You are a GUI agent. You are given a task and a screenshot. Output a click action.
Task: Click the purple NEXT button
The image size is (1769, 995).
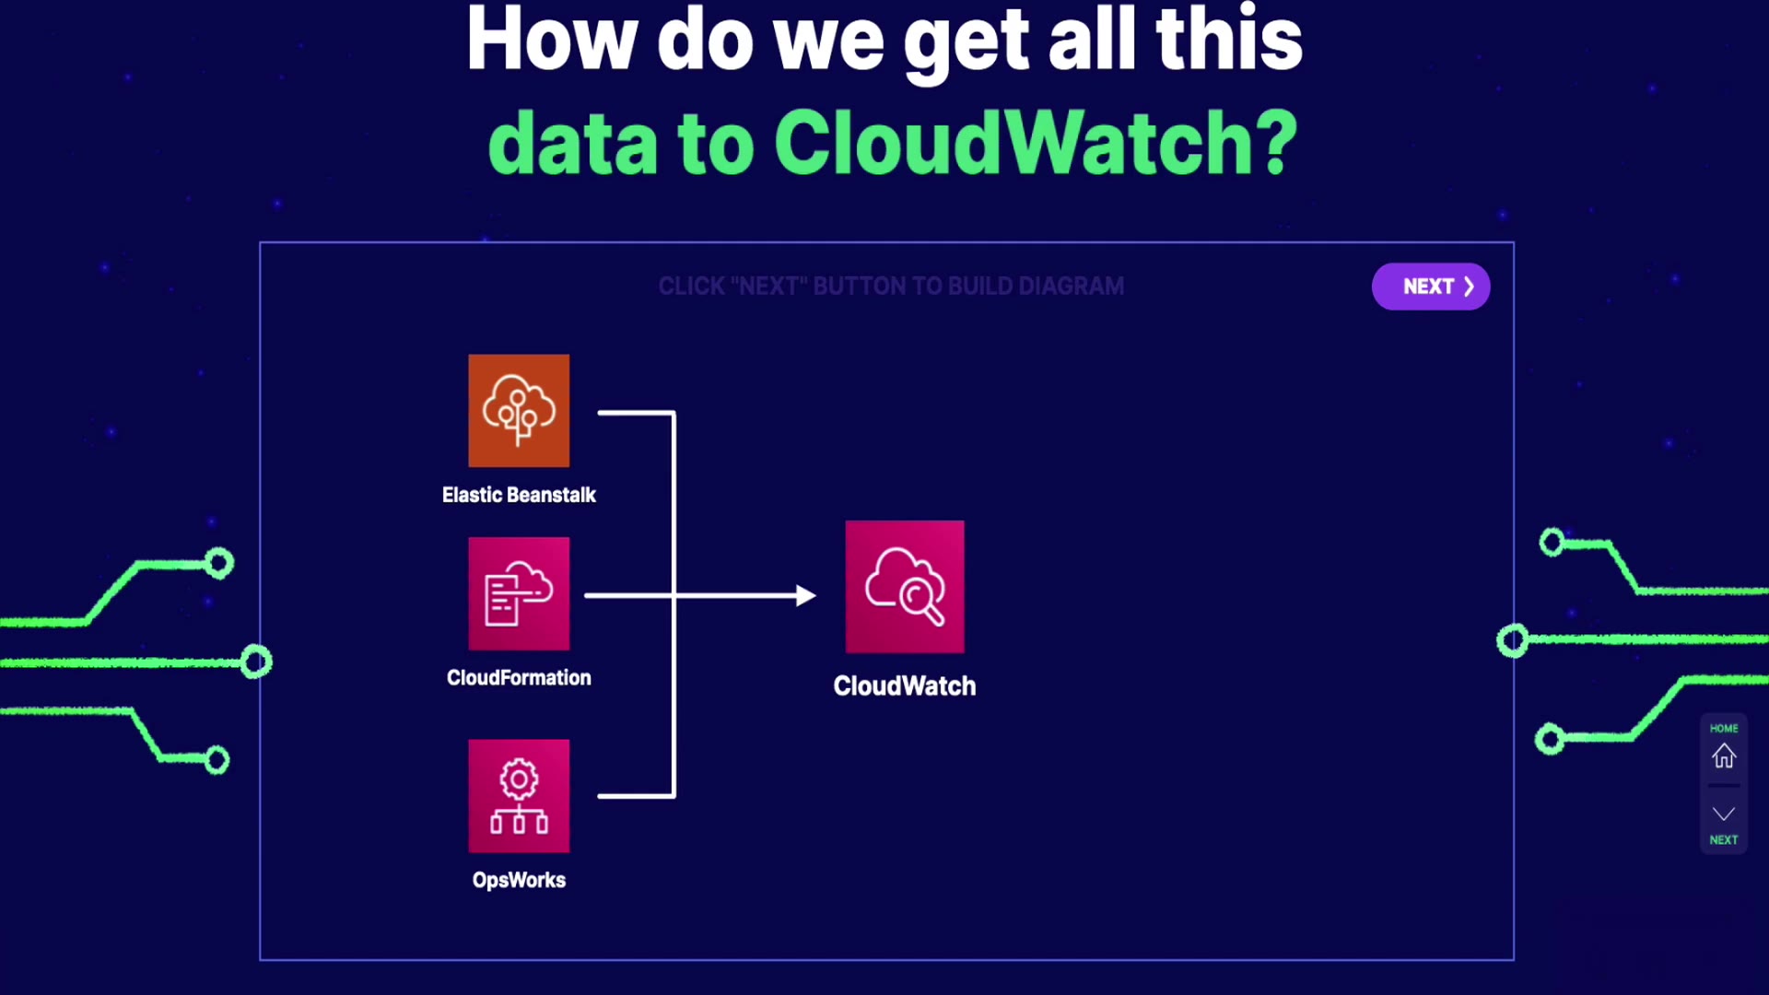1430,287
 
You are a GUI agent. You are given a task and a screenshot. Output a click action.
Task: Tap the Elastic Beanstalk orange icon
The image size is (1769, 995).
519,411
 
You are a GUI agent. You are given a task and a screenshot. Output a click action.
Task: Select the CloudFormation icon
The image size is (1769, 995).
519,594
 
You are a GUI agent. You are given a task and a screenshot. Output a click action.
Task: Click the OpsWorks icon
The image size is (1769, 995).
519,796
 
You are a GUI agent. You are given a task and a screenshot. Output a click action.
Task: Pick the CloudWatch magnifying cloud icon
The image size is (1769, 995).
905,587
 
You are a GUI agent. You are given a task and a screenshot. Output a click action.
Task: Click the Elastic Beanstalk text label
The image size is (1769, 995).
519,495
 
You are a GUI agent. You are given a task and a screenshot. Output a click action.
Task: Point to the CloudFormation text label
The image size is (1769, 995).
519,678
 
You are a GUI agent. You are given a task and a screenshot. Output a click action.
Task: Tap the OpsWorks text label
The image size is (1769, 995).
519,880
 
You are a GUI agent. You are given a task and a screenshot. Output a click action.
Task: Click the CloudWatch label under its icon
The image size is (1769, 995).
904,686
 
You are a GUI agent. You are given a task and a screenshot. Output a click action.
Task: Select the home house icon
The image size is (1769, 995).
1724,756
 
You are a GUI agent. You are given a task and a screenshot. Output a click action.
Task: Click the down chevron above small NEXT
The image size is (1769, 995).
1724,814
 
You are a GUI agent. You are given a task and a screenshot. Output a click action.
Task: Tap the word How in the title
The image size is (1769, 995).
551,41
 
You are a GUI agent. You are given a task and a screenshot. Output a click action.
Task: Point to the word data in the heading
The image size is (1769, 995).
573,146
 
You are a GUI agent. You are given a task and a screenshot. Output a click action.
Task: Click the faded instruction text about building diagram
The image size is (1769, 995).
891,287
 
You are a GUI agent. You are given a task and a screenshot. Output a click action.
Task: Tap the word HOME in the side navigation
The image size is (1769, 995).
1724,728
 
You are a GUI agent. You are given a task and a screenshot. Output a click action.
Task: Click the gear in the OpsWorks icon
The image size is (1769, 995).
519,779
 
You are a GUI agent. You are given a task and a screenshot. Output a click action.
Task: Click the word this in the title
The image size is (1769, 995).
1228,41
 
